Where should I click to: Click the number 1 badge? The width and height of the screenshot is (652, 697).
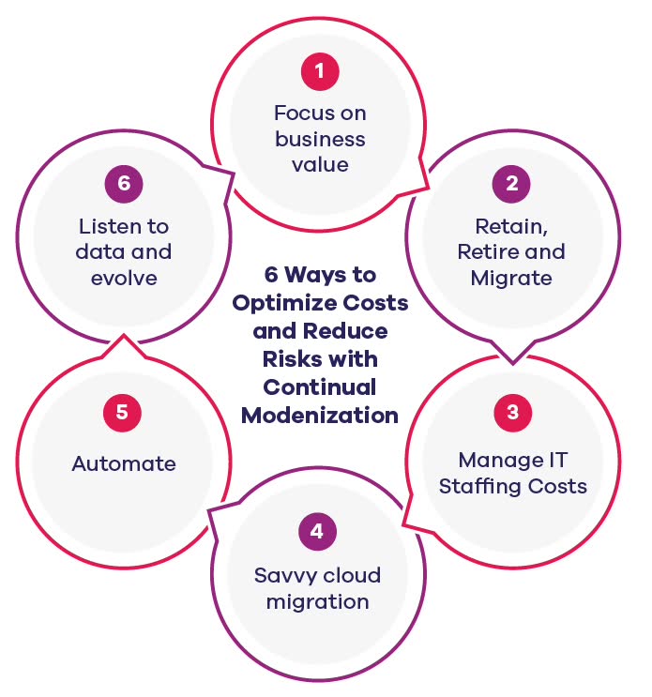click(x=319, y=70)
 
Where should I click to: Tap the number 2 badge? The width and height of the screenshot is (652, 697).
click(x=511, y=184)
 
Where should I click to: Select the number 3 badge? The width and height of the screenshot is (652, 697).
click(x=511, y=413)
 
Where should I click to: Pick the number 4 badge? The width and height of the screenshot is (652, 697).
click(x=317, y=532)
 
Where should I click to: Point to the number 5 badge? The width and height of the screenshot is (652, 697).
click(x=123, y=413)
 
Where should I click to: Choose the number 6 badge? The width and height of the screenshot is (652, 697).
click(x=123, y=184)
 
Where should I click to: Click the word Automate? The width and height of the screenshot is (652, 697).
click(x=123, y=463)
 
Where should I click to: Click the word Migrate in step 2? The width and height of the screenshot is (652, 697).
click(x=511, y=278)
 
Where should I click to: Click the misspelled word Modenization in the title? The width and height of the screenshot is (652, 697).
click(x=319, y=415)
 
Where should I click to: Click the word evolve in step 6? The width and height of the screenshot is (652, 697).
click(x=123, y=278)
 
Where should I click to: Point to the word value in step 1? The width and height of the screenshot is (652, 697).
click(x=319, y=165)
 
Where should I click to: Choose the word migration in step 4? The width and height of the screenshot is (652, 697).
click(x=317, y=601)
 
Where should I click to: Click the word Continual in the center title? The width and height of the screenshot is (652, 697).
click(x=319, y=386)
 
